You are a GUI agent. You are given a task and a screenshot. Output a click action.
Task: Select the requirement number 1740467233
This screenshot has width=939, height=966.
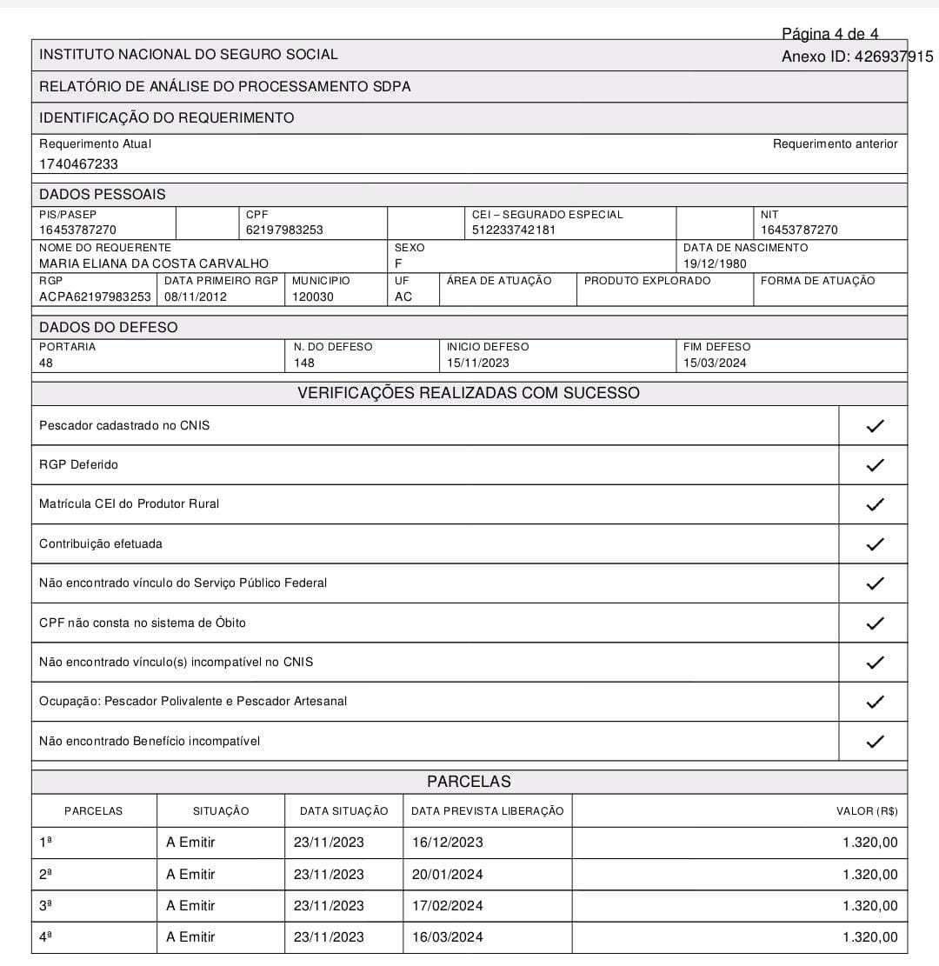[78, 163]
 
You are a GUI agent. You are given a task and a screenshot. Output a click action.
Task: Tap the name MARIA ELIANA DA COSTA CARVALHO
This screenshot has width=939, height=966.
[154, 263]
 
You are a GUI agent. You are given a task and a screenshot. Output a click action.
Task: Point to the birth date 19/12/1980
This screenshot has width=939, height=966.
[715, 263]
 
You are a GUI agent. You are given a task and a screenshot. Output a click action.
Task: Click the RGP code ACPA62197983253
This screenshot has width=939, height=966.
[95, 296]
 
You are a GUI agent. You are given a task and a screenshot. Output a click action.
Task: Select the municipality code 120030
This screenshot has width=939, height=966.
[312, 296]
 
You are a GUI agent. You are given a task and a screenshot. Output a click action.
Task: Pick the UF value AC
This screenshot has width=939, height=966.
[403, 296]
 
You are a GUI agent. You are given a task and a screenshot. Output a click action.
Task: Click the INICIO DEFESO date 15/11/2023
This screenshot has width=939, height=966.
[478, 363]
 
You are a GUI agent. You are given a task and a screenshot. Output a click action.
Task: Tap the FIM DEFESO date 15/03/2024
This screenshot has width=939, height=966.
[715, 363]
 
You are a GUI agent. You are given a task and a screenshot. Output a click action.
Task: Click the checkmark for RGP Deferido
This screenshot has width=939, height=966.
[875, 465]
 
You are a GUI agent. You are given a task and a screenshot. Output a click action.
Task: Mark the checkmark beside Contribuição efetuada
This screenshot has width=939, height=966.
[875, 544]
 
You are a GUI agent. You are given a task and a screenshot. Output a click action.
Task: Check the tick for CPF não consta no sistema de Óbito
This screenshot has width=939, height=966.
[875, 623]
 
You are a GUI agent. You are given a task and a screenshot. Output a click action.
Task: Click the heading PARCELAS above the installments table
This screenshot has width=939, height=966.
[469, 782]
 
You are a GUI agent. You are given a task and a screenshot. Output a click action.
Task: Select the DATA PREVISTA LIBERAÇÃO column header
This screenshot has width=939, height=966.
[487, 811]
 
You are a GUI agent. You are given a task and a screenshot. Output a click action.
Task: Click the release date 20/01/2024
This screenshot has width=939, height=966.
[447, 874]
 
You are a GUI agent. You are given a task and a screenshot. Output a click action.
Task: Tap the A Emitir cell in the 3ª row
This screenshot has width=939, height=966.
[190, 905]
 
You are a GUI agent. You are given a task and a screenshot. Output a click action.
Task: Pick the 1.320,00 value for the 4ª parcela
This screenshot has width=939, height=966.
[869, 936]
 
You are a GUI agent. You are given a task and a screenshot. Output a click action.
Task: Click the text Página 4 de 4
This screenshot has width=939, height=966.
[830, 34]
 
